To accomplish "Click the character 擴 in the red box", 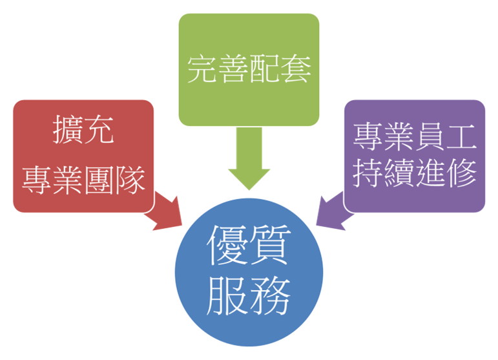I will [68, 131].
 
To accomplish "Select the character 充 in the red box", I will [99, 131].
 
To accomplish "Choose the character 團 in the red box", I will [99, 179].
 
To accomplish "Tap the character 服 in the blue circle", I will [227, 295].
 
